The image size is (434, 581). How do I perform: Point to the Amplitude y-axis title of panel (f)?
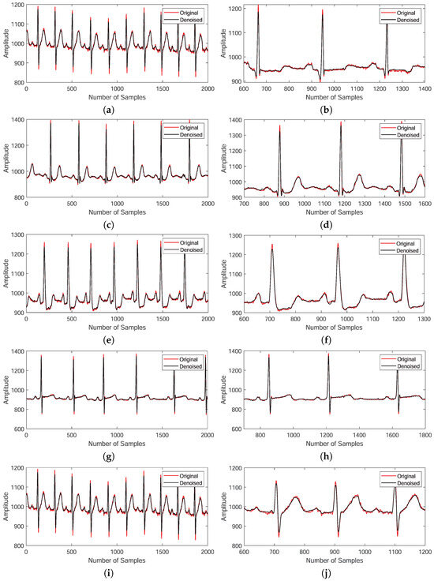pyautogui.click(x=223, y=276)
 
